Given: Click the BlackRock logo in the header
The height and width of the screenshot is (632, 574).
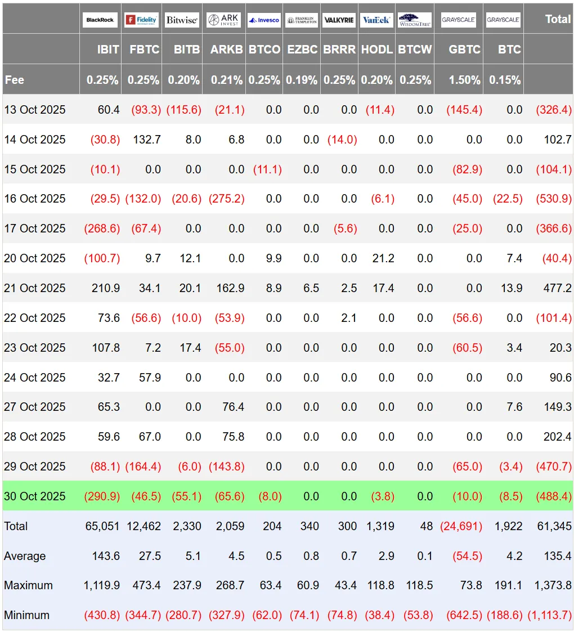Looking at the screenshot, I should [100, 20].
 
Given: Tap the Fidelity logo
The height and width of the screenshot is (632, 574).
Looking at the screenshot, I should [141, 20].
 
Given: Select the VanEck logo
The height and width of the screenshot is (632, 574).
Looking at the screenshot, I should [376, 20].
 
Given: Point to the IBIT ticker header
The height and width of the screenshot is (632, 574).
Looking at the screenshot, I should [107, 50].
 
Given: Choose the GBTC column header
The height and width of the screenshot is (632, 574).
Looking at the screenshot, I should [464, 50].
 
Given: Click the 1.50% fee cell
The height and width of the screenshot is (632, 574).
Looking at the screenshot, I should [464, 80].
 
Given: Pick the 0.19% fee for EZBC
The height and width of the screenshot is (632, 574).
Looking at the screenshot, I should [301, 80].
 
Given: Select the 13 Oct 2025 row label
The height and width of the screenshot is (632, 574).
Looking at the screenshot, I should [35, 110].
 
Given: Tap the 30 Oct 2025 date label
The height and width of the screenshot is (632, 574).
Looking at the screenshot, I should [35, 496].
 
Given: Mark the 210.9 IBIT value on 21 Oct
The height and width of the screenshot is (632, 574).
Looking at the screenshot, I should [106, 288].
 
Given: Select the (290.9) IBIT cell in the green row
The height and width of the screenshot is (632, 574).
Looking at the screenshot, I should [102, 496].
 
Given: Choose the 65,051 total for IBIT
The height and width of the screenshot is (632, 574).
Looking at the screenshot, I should [102, 526].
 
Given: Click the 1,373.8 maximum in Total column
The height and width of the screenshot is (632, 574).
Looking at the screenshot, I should [549, 585].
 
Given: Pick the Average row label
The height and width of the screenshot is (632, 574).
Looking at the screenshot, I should [25, 556].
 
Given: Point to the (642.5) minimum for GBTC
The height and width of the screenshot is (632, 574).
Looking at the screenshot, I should [464, 615].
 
